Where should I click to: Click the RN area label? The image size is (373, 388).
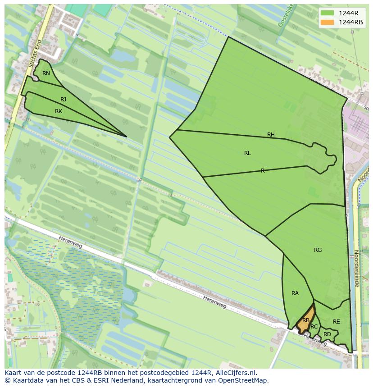(46, 73)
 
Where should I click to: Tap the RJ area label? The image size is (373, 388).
(64, 100)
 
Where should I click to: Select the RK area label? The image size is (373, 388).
(59, 111)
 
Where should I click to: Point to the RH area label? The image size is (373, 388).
(271, 135)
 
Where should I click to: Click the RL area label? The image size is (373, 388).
(247, 153)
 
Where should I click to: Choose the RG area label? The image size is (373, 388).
(318, 250)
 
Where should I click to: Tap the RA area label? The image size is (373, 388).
(295, 293)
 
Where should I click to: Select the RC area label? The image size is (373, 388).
(314, 327)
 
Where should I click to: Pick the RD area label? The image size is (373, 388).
(327, 334)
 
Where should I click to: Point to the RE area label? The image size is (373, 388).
(336, 322)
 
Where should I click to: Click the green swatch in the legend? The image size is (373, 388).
(328, 13)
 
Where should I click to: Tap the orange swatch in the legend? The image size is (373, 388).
(328, 23)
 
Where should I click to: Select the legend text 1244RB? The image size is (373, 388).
(350, 23)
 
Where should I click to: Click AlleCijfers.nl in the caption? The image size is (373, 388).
(236, 373)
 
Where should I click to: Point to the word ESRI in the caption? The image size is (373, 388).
(89, 380)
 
